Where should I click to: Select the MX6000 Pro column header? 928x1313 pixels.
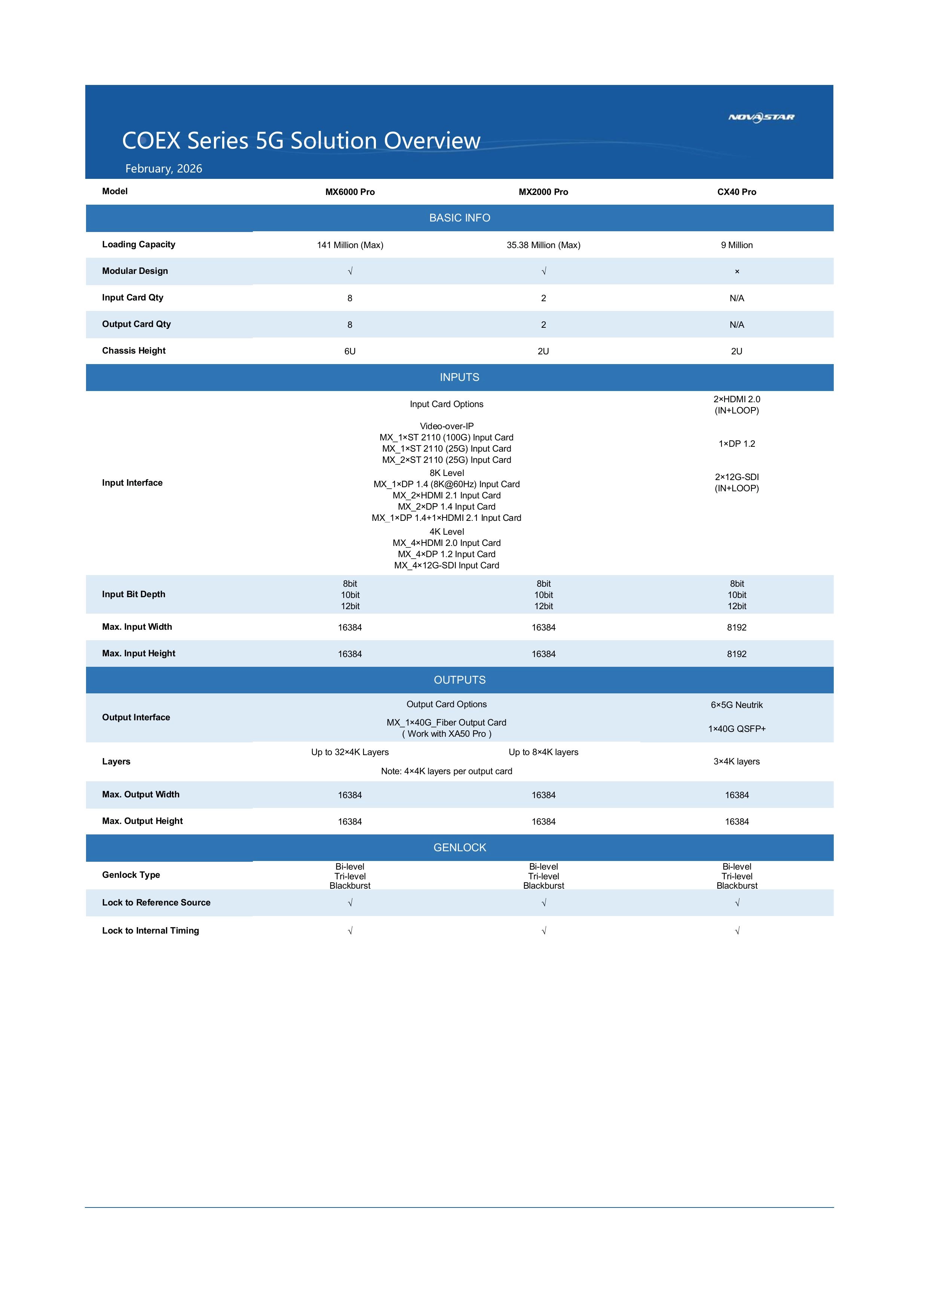tap(350, 192)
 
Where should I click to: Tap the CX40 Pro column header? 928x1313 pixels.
tap(736, 192)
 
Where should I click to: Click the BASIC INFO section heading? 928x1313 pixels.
tap(459, 218)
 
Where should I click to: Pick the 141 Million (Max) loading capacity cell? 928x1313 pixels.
tap(350, 245)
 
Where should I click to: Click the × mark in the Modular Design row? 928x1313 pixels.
tap(737, 272)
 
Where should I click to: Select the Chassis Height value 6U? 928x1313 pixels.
tap(350, 352)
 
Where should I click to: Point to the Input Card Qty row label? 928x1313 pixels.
tap(133, 297)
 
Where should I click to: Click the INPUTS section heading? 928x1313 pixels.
tap(459, 378)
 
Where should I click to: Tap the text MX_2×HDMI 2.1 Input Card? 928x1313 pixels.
tap(447, 496)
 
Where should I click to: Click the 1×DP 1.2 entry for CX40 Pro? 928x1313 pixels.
tap(736, 444)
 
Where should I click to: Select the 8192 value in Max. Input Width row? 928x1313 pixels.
tap(736, 628)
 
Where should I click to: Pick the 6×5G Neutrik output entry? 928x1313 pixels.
tap(736, 705)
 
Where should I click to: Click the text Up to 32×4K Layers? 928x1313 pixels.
tap(350, 752)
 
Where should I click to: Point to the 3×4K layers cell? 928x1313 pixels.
tap(736, 762)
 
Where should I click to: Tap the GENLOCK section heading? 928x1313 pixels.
tap(459, 848)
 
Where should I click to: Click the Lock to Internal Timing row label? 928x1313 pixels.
tap(150, 931)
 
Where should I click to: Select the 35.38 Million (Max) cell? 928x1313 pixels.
tap(543, 245)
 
